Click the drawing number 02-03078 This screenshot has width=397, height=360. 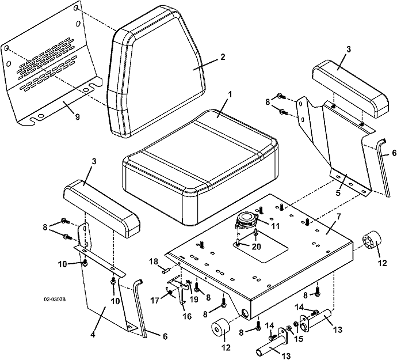click(x=55, y=299)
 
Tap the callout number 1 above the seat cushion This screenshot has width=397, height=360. click(x=230, y=95)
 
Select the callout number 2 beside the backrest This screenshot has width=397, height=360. click(x=223, y=56)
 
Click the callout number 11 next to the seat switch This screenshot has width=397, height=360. click(x=275, y=226)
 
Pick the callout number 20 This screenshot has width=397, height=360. click(x=257, y=247)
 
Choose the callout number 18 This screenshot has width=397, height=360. click(x=154, y=262)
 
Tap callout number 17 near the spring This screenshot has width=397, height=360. click(x=155, y=301)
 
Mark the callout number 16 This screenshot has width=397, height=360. click(x=188, y=316)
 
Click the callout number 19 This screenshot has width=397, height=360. click(x=194, y=300)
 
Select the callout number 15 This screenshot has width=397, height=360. click(x=299, y=339)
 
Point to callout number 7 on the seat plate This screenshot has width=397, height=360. click(x=339, y=217)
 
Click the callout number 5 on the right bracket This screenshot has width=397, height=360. click(x=338, y=192)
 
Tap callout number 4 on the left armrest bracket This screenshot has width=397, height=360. click(x=93, y=335)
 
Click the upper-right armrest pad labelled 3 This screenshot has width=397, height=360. click(x=350, y=89)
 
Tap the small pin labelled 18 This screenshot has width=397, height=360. click(x=165, y=271)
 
